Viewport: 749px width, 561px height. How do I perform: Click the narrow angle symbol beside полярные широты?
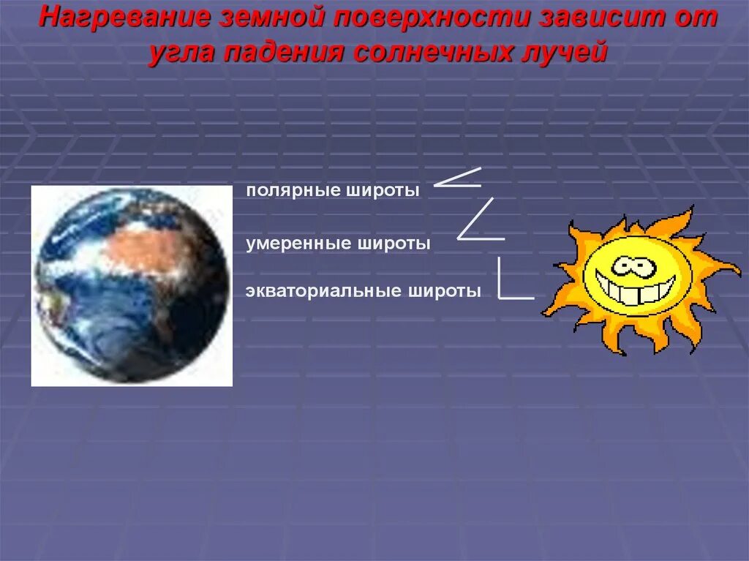click(458, 178)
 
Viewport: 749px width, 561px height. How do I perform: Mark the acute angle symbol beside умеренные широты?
click(479, 221)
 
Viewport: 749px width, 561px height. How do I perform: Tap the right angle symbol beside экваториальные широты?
click(512, 281)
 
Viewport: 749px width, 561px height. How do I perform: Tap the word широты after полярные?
click(383, 191)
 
